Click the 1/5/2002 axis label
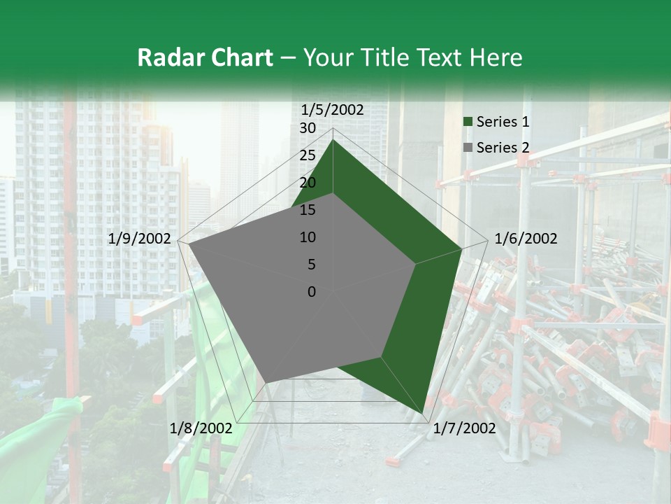pyautogui.click(x=333, y=110)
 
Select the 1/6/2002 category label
pyautogui.click(x=526, y=239)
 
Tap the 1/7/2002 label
pyautogui.click(x=464, y=428)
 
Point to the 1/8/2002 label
pyautogui.click(x=201, y=428)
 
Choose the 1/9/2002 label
pyautogui.click(x=140, y=239)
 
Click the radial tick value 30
pyautogui.click(x=308, y=128)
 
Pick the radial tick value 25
pyautogui.click(x=308, y=155)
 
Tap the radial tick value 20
pyautogui.click(x=308, y=183)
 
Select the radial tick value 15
pyautogui.click(x=308, y=210)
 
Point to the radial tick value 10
pyautogui.click(x=308, y=237)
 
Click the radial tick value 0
pyautogui.click(x=312, y=292)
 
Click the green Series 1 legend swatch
pyautogui.click(x=468, y=122)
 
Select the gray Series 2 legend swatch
pyautogui.click(x=468, y=148)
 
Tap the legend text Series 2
pyautogui.click(x=503, y=148)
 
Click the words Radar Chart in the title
pyautogui.click(x=205, y=57)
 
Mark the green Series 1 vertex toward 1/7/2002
pyautogui.click(x=423, y=412)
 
